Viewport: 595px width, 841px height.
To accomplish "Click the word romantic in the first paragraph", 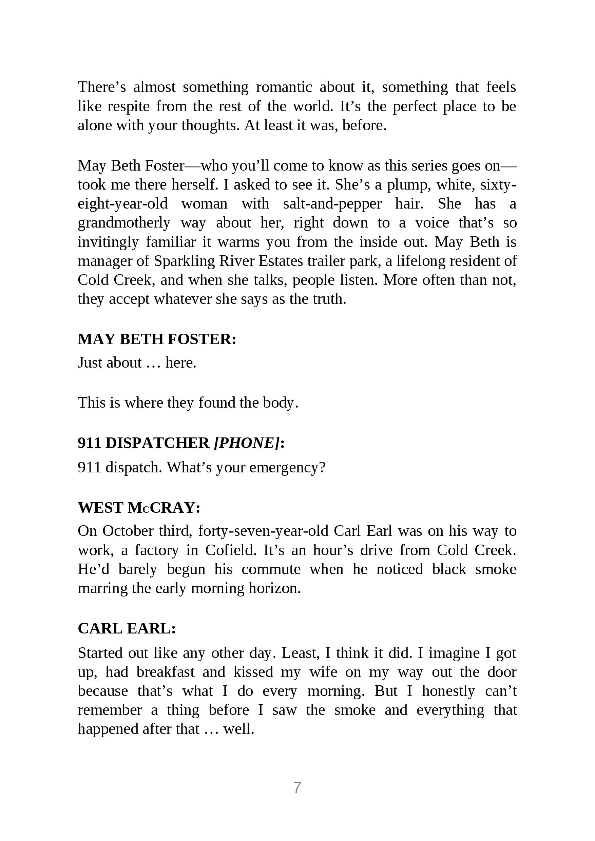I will click(x=284, y=87).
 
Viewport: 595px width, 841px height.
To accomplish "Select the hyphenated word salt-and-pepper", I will click(x=332, y=204).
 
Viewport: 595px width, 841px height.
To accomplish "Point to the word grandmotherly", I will click(x=124, y=223).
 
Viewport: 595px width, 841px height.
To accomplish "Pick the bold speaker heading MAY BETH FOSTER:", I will click(x=157, y=339).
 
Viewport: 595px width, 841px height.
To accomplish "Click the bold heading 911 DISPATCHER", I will click(x=143, y=443).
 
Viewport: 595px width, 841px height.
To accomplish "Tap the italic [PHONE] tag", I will click(x=247, y=443).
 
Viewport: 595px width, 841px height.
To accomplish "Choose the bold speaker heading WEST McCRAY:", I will click(x=139, y=508).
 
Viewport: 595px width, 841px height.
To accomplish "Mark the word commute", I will click(x=271, y=569).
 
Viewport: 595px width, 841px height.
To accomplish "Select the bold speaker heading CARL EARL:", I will click(x=127, y=629).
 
